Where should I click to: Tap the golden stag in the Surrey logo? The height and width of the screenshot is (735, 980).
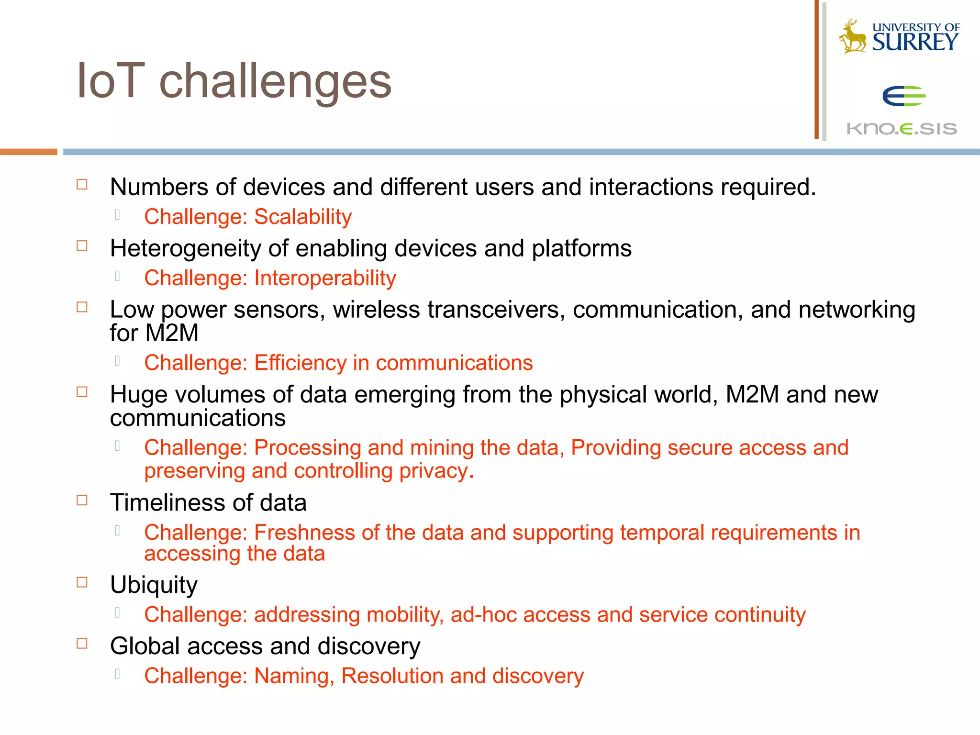[853, 37]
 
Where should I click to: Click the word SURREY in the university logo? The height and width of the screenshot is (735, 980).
[915, 43]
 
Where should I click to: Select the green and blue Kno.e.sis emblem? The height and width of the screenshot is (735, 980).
[903, 96]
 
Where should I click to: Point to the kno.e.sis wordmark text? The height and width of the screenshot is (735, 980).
[902, 129]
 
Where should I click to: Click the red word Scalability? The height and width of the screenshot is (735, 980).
[303, 217]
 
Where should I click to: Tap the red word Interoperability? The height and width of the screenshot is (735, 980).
[325, 278]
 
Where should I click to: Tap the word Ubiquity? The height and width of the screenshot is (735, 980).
[154, 585]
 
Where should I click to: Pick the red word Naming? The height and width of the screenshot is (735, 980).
[293, 676]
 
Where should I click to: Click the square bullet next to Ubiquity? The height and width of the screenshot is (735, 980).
[82, 582]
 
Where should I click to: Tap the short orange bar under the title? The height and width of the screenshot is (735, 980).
[28, 152]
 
